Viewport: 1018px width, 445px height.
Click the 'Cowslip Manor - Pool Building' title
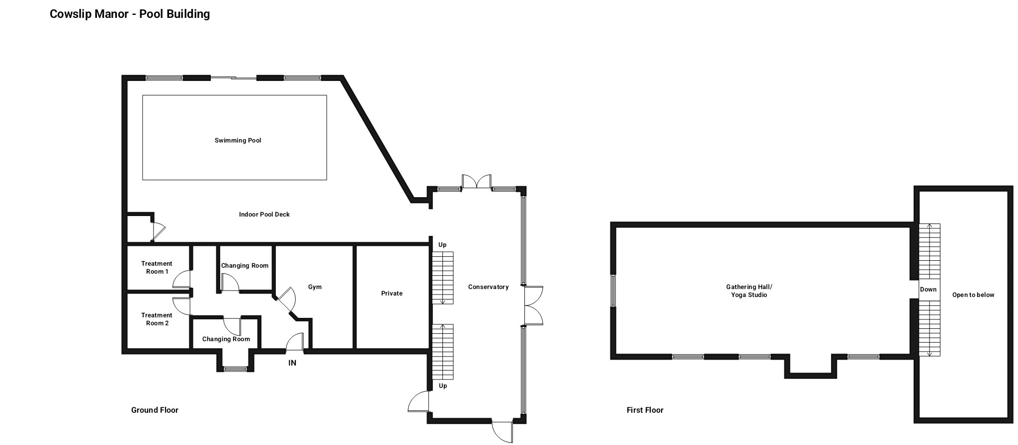(130, 14)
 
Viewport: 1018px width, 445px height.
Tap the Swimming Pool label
(238, 141)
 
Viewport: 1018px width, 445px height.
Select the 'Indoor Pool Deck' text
(264, 215)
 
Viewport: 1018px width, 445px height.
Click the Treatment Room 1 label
(157, 268)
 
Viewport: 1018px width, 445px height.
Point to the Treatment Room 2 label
(157, 319)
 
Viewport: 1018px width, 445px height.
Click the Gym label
(315, 287)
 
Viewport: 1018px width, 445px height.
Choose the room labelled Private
(392, 294)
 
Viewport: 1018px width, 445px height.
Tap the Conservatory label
(488, 287)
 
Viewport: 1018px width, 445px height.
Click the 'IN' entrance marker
(292, 363)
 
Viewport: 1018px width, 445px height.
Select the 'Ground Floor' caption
(155, 410)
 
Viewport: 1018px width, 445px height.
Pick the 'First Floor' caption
(645, 410)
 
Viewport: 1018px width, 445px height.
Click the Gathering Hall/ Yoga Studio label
(749, 291)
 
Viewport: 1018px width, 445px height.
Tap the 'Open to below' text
(973, 295)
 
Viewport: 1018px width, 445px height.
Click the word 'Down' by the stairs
(928, 290)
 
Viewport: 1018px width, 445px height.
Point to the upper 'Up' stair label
(442, 245)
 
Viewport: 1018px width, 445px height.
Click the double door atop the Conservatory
(477, 182)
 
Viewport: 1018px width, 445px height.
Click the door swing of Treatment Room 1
(182, 279)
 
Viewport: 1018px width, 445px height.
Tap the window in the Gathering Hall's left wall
(613, 291)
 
